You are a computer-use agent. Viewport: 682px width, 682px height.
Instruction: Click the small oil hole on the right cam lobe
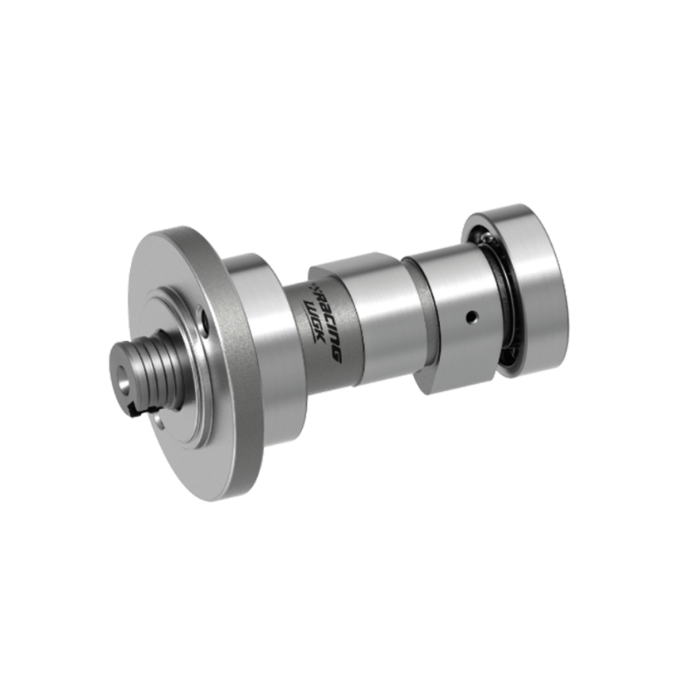pos(470,316)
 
